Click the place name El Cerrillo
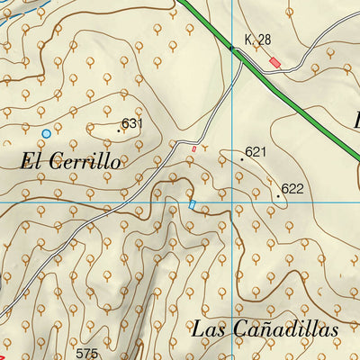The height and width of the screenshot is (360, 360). pyautogui.click(x=69, y=162)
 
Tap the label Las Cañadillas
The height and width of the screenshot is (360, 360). pyautogui.click(x=265, y=328)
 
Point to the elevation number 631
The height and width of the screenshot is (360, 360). pyautogui.click(x=132, y=123)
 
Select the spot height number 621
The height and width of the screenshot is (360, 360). pyautogui.click(x=256, y=152)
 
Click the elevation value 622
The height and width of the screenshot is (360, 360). pyautogui.click(x=292, y=189)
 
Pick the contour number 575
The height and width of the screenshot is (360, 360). pyautogui.click(x=86, y=353)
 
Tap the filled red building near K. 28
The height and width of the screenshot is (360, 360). pyautogui.click(x=274, y=61)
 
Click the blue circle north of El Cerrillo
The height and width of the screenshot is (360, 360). pyautogui.click(x=46, y=133)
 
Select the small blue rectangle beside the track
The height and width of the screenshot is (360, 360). pyautogui.click(x=192, y=205)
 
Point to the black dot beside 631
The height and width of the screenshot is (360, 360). pyautogui.click(x=119, y=130)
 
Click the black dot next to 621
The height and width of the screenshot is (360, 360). pyautogui.click(x=242, y=157)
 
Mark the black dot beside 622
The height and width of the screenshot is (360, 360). pyautogui.click(x=278, y=193)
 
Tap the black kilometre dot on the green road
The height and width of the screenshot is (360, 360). pyautogui.click(x=230, y=47)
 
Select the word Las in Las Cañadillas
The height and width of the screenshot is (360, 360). pyautogui.click(x=207, y=328)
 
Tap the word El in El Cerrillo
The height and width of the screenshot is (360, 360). pyautogui.click(x=30, y=162)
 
